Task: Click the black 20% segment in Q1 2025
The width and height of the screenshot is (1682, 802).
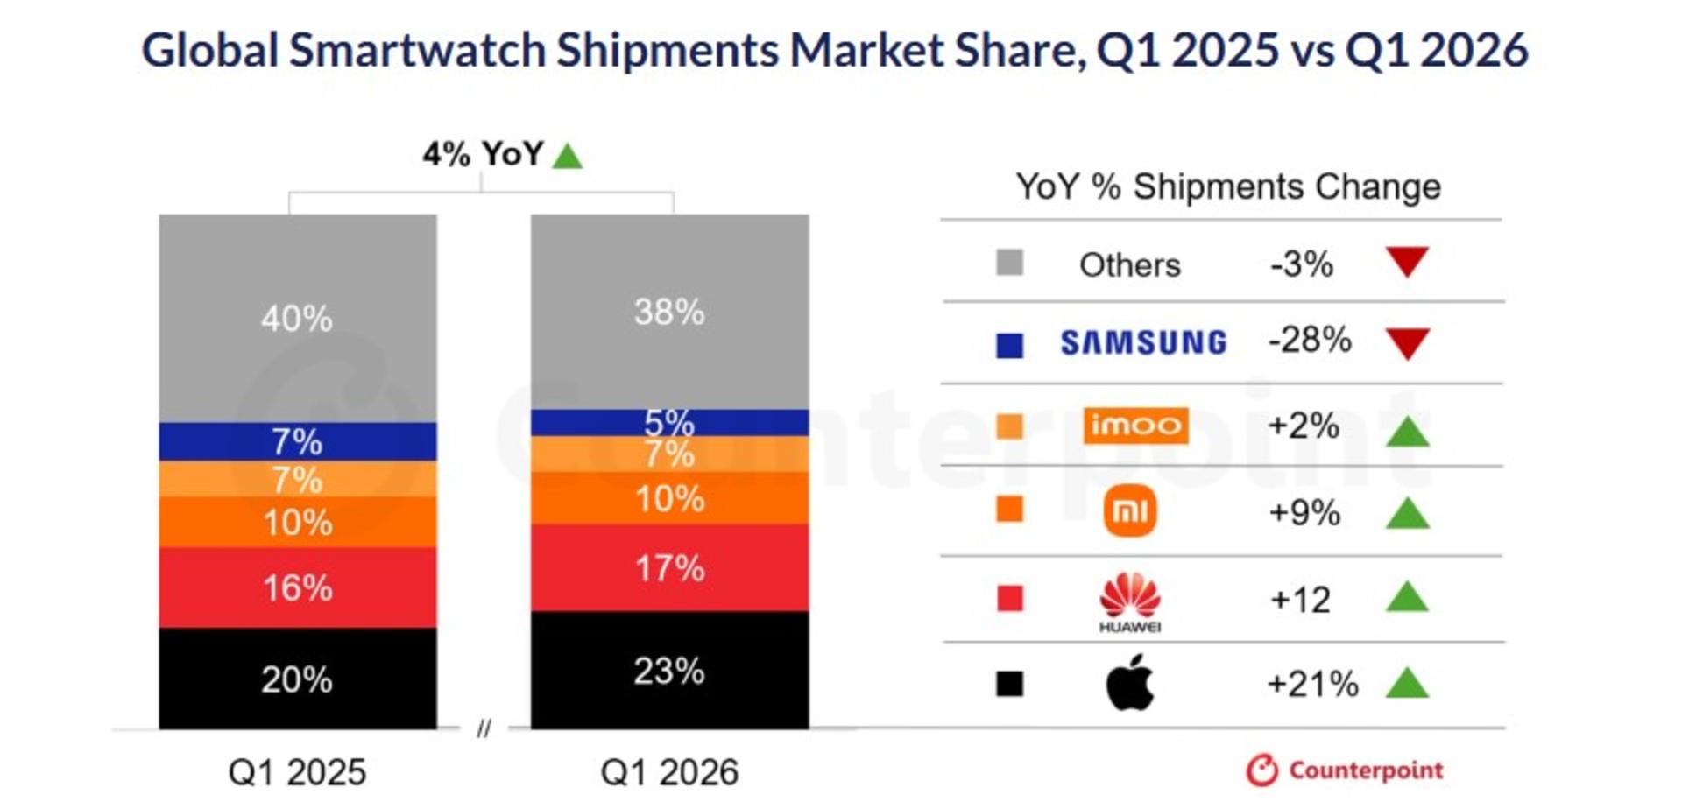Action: click(x=298, y=678)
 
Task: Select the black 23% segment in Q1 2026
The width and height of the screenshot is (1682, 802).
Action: click(x=670, y=670)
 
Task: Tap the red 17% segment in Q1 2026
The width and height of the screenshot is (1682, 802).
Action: click(x=670, y=567)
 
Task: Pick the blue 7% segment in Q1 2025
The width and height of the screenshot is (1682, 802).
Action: click(x=298, y=441)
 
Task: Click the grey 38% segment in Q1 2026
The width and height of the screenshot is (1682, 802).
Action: click(x=670, y=312)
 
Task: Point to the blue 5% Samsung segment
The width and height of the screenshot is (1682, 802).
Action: click(x=670, y=422)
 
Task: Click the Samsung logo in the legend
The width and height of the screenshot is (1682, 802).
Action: click(x=1143, y=342)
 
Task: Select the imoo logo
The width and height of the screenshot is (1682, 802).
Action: click(x=1135, y=426)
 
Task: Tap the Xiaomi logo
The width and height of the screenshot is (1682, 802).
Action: click(x=1130, y=511)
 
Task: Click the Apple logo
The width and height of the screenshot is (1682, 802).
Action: click(x=1130, y=682)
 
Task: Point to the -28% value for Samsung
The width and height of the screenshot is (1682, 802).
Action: click(x=1310, y=340)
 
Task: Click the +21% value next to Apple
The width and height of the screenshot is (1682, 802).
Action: click(x=1312, y=684)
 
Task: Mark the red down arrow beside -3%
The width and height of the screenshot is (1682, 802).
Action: click(x=1408, y=261)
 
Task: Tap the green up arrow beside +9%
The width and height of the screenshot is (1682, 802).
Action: click(x=1408, y=514)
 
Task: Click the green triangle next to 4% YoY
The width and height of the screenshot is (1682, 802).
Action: click(x=568, y=157)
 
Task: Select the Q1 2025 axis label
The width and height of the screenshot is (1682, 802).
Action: click(x=297, y=772)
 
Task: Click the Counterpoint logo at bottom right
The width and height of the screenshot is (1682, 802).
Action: click(x=1344, y=770)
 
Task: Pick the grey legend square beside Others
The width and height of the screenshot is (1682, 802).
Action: click(x=1009, y=263)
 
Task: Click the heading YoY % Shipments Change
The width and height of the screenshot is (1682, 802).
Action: click(x=1228, y=186)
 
